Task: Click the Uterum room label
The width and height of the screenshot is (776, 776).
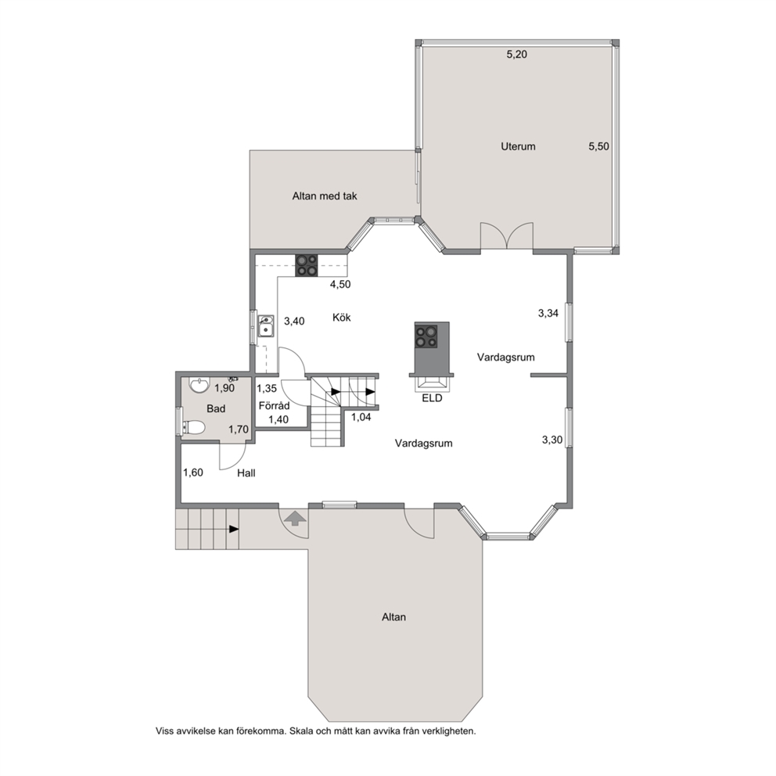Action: click(x=518, y=146)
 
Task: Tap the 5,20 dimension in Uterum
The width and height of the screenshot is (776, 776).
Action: click(x=516, y=55)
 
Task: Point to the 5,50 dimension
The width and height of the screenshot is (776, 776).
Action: click(x=599, y=146)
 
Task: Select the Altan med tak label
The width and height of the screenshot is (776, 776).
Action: click(x=325, y=196)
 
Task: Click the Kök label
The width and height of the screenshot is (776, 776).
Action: click(x=342, y=318)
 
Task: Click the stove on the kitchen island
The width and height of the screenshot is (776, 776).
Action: click(x=426, y=336)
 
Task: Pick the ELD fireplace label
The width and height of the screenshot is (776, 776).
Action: click(x=432, y=398)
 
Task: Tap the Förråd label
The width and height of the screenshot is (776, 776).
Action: click(x=274, y=406)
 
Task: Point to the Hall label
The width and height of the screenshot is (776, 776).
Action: click(x=246, y=473)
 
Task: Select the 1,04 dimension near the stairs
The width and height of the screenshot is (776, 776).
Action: click(x=361, y=417)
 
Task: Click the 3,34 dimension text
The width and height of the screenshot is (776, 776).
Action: click(x=548, y=313)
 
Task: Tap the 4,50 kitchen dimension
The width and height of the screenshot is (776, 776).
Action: click(x=340, y=285)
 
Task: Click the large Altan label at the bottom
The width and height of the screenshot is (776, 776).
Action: click(x=394, y=617)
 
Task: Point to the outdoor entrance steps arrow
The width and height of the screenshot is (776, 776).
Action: click(x=234, y=529)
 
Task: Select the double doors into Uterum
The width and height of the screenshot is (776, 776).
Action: click(x=507, y=236)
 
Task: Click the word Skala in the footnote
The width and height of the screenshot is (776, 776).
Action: click(x=301, y=731)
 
